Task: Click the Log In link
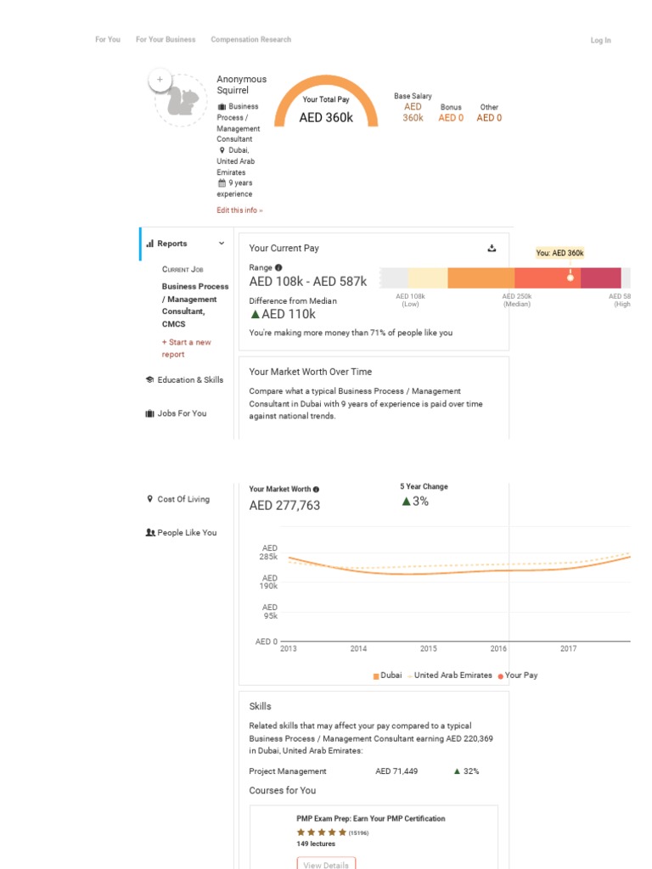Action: (600, 40)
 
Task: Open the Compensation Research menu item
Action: (250, 39)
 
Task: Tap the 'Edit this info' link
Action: (239, 210)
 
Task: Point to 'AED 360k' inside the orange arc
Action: (326, 118)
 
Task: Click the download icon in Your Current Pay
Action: (492, 249)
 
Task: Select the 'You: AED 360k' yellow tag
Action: (559, 253)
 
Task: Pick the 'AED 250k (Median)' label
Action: (516, 300)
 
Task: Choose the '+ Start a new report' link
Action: (187, 348)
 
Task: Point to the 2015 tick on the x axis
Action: (429, 648)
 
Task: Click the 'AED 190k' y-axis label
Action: (268, 582)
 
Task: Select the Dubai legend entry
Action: (387, 676)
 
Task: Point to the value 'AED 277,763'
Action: (284, 506)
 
